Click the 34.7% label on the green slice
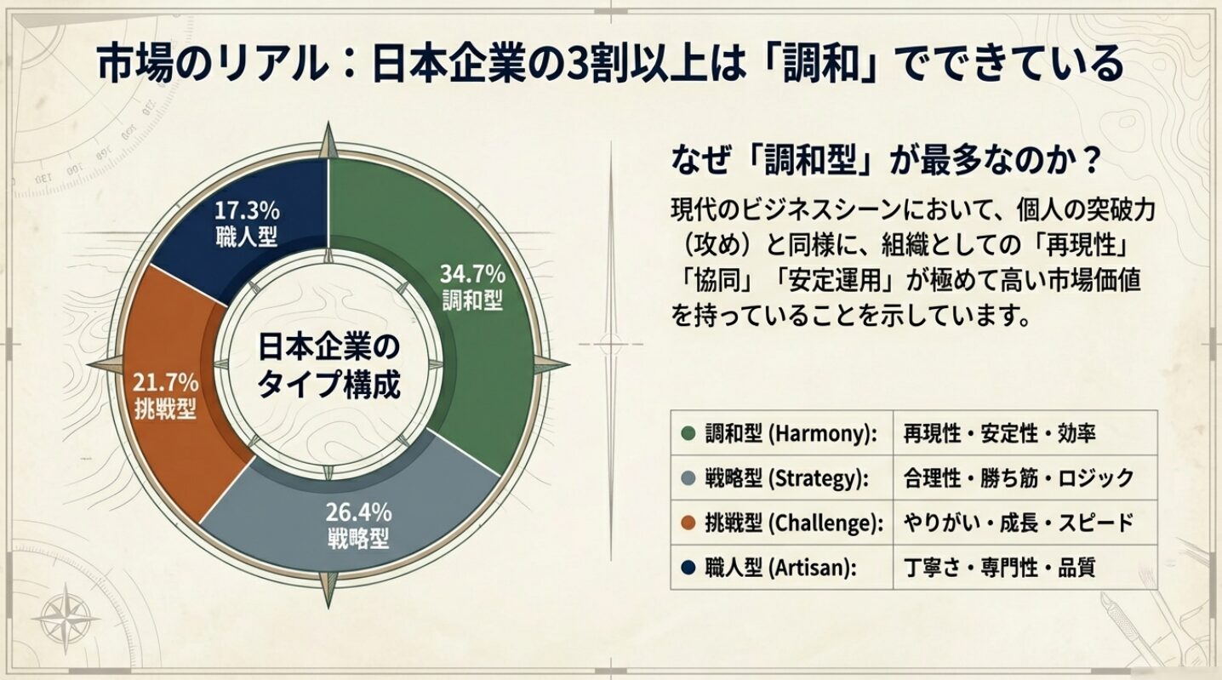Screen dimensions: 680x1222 [472, 275]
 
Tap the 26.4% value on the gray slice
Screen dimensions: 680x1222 [358, 513]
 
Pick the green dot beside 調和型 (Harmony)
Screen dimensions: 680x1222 [688, 433]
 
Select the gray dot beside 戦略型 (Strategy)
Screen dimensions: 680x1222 [688, 478]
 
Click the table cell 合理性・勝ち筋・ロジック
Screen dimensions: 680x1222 [1018, 478]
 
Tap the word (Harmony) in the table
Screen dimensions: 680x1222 [823, 434]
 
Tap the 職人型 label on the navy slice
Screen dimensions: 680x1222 [247, 236]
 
